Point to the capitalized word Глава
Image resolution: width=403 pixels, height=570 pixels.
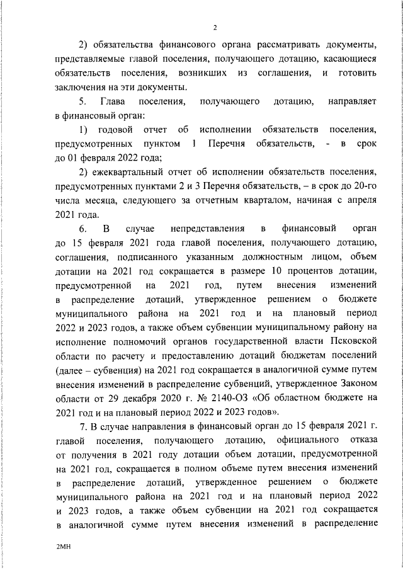113,101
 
